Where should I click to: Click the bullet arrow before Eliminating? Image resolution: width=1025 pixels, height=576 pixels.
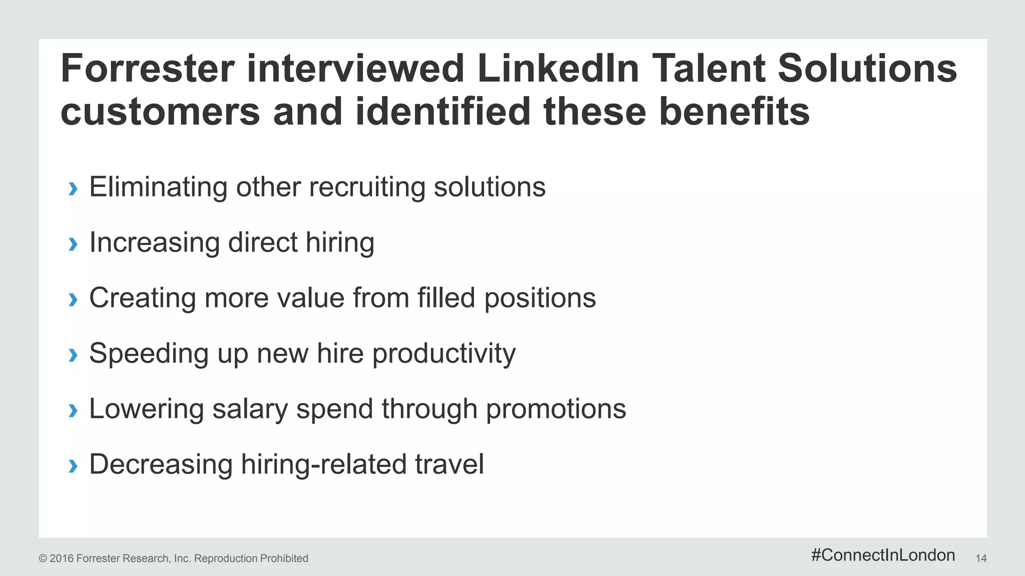(73, 189)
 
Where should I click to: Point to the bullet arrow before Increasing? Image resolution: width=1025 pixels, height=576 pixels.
(73, 244)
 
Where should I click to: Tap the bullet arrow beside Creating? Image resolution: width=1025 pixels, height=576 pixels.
(73, 300)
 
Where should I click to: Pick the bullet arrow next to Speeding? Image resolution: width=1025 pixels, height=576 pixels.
(73, 355)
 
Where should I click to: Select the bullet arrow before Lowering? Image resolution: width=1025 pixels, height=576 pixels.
(73, 411)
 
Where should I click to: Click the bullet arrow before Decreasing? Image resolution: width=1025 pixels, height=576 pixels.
(73, 466)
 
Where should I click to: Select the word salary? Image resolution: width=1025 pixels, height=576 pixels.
(250, 410)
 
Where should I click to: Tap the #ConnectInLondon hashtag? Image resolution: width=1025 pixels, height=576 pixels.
(883, 555)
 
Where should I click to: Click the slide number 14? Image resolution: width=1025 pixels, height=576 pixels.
(981, 558)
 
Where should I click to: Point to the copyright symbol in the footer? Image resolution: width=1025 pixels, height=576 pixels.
(43, 558)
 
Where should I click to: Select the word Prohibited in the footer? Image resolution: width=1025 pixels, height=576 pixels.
(283, 558)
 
